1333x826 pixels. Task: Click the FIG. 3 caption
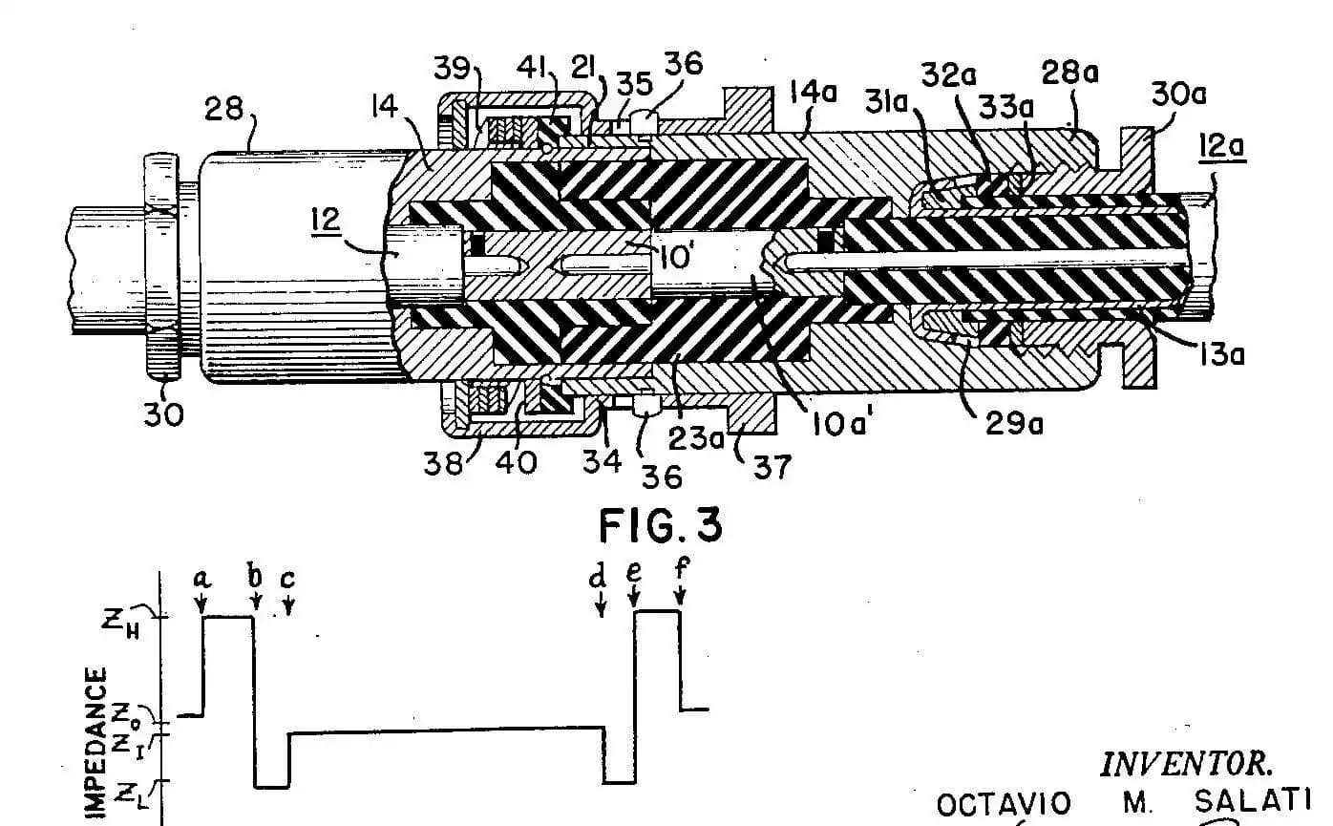[660, 524]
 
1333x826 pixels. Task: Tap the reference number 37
[773, 467]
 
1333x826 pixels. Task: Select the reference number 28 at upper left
[223, 111]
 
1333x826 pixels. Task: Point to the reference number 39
[452, 68]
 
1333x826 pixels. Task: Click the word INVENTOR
[1186, 764]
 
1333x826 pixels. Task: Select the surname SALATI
[1252, 802]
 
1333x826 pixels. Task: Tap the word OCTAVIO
[1004, 805]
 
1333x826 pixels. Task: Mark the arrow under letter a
[201, 604]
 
